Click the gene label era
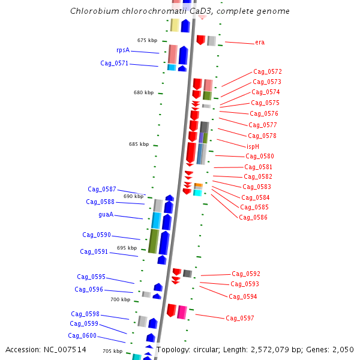[260, 42]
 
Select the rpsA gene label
[123, 50]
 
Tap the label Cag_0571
[114, 63]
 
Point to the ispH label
[253, 146]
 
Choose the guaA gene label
[106, 214]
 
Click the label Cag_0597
[240, 318]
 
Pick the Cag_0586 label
[253, 217]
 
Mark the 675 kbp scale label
[147, 40]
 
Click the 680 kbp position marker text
[143, 92]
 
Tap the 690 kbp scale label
[133, 196]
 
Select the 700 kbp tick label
[120, 299]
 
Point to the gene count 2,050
[342, 349]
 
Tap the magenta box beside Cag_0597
[182, 312]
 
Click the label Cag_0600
[82, 335]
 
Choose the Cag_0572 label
[268, 71]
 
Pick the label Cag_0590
[96, 235]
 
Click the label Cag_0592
[246, 274]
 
